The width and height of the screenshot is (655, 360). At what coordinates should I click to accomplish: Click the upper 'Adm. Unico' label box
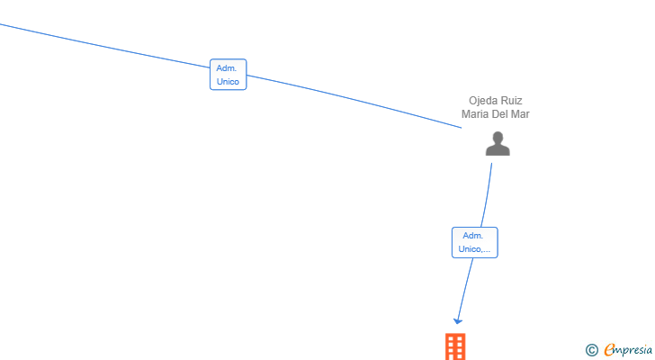click(229, 75)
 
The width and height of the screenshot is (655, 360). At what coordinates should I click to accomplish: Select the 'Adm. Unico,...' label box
click(474, 242)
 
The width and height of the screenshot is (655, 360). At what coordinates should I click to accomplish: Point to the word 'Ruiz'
click(512, 101)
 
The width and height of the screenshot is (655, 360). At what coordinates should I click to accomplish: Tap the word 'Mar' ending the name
click(520, 114)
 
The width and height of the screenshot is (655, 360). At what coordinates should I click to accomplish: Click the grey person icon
click(498, 143)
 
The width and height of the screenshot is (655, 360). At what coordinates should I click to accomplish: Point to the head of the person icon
click(498, 138)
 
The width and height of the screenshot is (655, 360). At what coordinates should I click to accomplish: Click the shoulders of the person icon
click(498, 150)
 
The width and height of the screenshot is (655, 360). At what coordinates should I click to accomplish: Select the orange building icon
click(455, 346)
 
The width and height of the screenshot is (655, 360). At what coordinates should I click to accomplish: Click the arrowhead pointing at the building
click(458, 321)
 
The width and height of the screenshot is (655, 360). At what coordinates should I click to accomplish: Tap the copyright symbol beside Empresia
click(592, 350)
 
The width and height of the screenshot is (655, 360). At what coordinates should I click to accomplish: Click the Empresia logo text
click(628, 350)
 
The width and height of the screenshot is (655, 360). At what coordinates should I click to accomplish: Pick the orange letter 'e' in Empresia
click(609, 349)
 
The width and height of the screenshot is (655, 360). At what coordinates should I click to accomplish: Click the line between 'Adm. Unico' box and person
click(354, 100)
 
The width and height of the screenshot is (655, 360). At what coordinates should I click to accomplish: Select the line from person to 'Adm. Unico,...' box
click(487, 195)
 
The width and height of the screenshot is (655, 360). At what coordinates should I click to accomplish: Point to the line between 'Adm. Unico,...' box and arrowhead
click(465, 289)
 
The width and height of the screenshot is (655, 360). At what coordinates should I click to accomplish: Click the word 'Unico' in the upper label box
click(228, 81)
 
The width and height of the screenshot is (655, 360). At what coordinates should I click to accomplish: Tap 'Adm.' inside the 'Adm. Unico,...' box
click(473, 236)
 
